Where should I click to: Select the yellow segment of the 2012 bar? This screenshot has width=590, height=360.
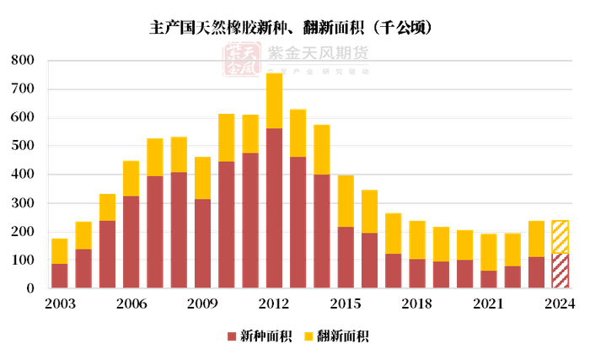click(x=274, y=101)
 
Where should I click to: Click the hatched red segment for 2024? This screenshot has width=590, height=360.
click(x=560, y=271)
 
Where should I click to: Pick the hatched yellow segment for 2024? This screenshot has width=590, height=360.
click(x=560, y=237)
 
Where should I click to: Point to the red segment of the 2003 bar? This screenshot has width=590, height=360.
click(x=59, y=276)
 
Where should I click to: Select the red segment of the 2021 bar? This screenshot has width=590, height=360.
click(x=488, y=279)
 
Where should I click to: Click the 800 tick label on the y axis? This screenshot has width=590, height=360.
click(x=23, y=61)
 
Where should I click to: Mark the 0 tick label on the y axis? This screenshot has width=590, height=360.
click(x=30, y=288)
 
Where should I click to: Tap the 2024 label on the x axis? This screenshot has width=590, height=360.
click(x=560, y=304)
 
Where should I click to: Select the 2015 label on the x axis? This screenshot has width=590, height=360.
click(x=346, y=304)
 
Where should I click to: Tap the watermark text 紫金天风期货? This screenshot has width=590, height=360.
click(x=317, y=53)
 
